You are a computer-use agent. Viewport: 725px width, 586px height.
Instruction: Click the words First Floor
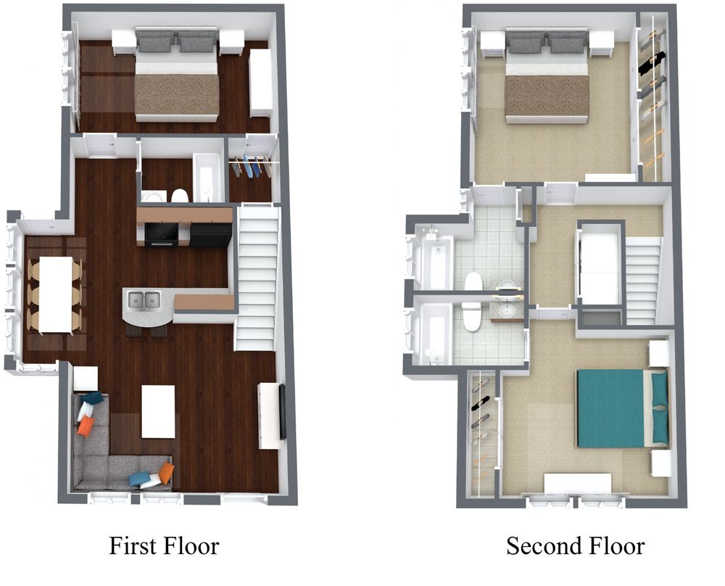point(164,546)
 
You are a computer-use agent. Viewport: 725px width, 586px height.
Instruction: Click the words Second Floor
point(575,546)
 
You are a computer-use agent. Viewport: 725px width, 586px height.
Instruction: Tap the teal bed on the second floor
point(622,408)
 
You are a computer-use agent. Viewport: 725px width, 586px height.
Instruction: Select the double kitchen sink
point(144,300)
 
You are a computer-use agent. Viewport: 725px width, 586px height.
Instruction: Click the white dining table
point(56,294)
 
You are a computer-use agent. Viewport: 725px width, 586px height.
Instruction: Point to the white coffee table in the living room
point(158,411)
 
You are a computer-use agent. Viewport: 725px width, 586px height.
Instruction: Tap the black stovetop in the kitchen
point(161,234)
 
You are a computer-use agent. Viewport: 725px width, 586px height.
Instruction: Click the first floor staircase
point(257,278)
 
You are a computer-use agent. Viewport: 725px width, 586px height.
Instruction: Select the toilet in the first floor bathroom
point(179,196)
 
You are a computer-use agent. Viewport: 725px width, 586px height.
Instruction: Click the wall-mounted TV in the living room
point(282,411)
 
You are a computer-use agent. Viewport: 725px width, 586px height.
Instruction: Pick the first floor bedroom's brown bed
point(176,74)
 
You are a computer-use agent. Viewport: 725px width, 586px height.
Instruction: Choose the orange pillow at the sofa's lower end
point(166,472)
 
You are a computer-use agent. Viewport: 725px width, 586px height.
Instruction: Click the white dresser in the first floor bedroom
point(261,83)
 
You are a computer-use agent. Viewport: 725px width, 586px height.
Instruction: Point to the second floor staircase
point(642,281)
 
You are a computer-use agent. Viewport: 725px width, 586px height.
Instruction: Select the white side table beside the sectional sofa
point(86,379)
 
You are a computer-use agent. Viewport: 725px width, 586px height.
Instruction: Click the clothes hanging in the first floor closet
point(252,167)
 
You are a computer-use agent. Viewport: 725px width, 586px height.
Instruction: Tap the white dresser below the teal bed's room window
point(578,484)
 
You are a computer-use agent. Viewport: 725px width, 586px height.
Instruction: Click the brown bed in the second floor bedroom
point(547,75)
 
